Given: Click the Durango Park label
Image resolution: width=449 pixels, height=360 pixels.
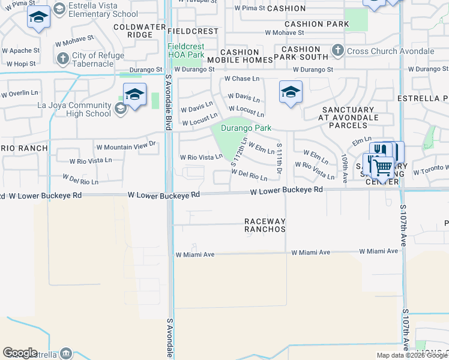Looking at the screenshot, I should coord(246,128).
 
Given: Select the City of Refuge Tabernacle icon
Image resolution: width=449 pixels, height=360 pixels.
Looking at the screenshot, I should coord(62,58).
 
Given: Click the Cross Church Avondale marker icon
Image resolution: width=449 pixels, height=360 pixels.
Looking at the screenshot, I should coord(338,50).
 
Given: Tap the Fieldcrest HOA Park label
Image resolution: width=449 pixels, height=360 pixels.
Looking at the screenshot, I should coord(186,50).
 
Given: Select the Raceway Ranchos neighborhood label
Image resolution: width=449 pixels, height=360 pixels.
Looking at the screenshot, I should coord(265,226).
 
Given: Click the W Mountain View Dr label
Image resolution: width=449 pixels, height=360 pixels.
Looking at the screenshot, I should coord(126,146).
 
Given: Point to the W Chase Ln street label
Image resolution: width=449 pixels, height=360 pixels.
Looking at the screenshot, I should coord(242,79).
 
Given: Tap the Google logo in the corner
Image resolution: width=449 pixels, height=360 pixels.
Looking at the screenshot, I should coord(20,353).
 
